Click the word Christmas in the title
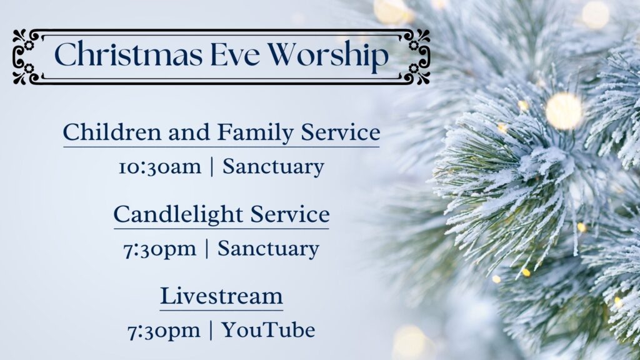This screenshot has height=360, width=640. pos(127,54)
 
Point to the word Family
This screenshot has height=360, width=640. pos(255,133)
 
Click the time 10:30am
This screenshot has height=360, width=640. pos(159,167)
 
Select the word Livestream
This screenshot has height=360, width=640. pos(221,296)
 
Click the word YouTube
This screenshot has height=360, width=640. pos(268,330)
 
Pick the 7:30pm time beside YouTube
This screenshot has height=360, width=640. pos(164,331)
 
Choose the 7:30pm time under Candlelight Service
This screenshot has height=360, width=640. pos(159,249)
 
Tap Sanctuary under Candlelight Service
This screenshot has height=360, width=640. pos(268,249)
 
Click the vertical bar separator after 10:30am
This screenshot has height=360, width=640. pos(212,167)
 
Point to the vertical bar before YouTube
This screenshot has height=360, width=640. pos(211,331)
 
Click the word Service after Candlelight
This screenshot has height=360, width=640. pos(289,214)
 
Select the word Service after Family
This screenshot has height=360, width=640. pos(341,132)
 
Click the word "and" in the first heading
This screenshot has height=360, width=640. pos(190,132)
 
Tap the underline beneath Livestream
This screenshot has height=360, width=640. pos(221,310)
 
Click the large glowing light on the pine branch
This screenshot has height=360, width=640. pos(564,111)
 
